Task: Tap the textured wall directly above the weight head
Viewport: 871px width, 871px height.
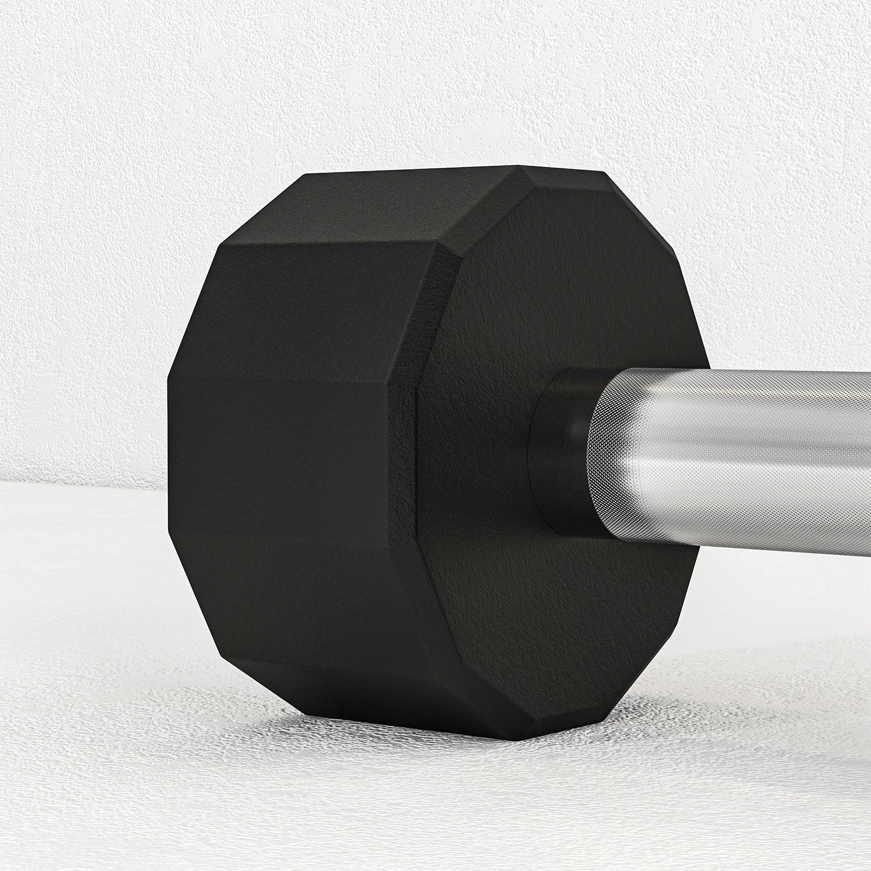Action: click(406, 90)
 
